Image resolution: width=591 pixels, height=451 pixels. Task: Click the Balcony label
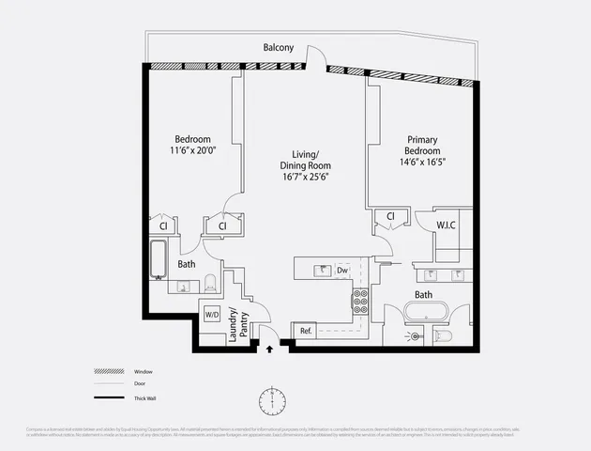click(278, 48)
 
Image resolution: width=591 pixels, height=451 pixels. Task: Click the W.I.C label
click(446, 225)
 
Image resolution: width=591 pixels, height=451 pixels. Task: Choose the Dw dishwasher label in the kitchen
click(342, 270)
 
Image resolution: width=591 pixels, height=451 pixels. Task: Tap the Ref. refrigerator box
click(306, 331)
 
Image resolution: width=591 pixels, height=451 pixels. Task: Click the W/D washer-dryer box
click(213, 314)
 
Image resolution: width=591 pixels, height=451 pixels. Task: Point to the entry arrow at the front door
click(271, 349)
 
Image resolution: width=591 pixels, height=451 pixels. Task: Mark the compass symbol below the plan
click(270, 400)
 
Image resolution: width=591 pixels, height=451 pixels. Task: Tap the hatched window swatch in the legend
click(108, 371)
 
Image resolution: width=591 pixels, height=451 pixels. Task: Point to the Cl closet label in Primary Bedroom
click(388, 217)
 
